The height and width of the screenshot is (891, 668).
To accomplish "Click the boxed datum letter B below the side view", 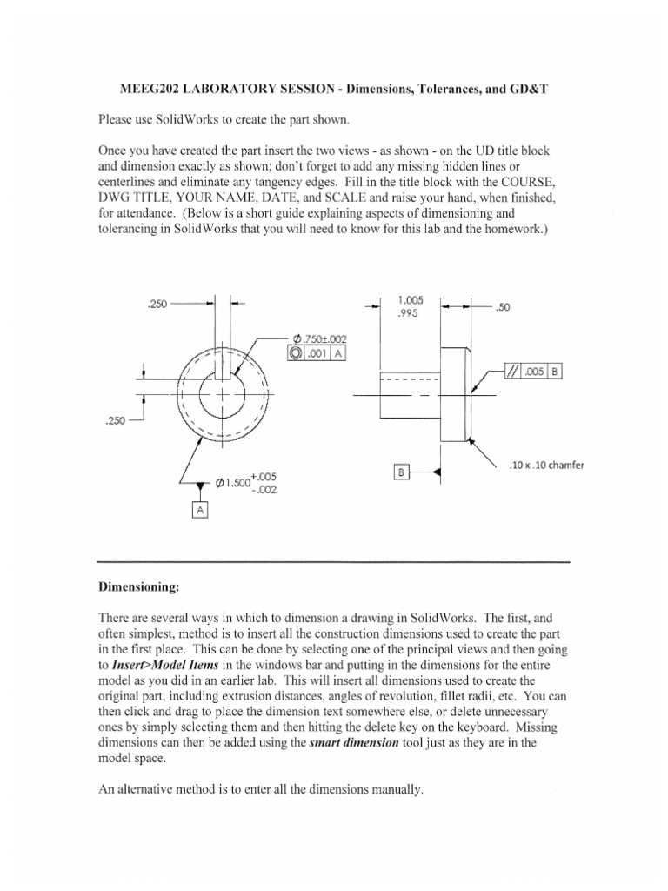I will pyautogui.click(x=402, y=472).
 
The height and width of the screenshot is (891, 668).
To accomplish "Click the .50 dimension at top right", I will pyautogui.click(x=502, y=306).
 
